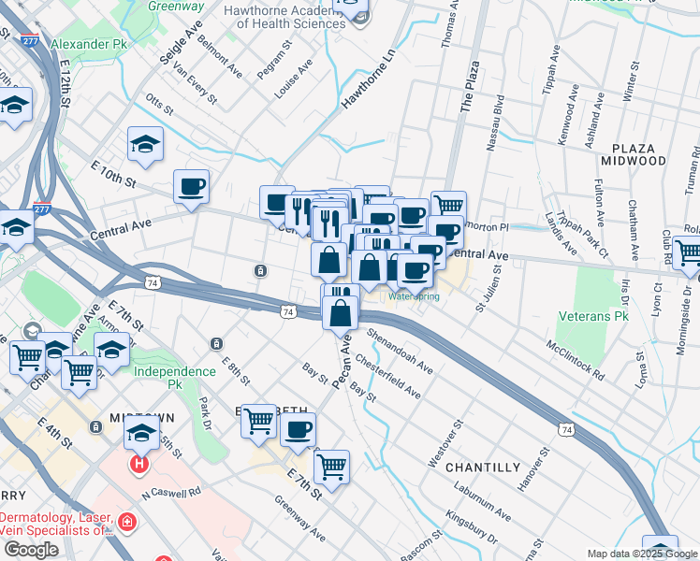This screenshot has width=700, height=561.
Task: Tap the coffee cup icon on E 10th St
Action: click(x=192, y=186)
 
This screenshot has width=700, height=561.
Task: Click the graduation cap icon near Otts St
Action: click(x=145, y=144)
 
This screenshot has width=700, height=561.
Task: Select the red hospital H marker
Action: click(x=140, y=462)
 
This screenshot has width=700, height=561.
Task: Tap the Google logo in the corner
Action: click(x=31, y=550)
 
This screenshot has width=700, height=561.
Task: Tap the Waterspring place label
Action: click(x=414, y=296)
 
